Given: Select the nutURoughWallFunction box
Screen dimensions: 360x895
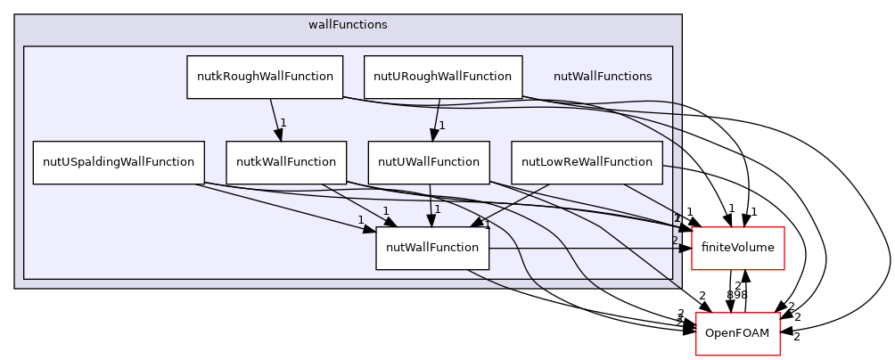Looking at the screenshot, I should [x=442, y=77].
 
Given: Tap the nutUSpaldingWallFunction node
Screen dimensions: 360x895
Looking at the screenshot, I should [x=119, y=162].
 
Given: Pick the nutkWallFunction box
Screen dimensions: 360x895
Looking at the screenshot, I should [x=285, y=162].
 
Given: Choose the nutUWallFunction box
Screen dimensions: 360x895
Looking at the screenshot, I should [x=429, y=162].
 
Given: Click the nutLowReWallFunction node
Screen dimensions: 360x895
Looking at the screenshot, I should [x=587, y=162].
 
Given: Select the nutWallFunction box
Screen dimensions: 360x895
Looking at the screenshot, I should [x=432, y=248].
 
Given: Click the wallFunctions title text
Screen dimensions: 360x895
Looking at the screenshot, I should [x=348, y=25].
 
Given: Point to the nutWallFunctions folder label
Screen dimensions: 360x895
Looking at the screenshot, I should [x=603, y=77].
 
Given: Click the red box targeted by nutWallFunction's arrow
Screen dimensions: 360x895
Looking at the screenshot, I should [x=738, y=249].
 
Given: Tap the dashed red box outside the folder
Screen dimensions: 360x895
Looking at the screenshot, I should [x=738, y=334].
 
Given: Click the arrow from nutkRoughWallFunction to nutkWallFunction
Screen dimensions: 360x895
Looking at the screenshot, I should [x=275, y=119].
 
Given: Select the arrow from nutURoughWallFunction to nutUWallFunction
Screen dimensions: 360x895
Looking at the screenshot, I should [x=436, y=119].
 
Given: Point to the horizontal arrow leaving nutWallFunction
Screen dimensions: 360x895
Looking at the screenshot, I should [x=588, y=249].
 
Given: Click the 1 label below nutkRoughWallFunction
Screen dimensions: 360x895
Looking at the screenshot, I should [x=283, y=123].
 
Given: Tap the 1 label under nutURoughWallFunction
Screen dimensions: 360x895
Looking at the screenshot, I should [x=441, y=126].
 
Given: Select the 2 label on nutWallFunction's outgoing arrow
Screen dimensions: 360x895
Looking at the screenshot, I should [x=674, y=240].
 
